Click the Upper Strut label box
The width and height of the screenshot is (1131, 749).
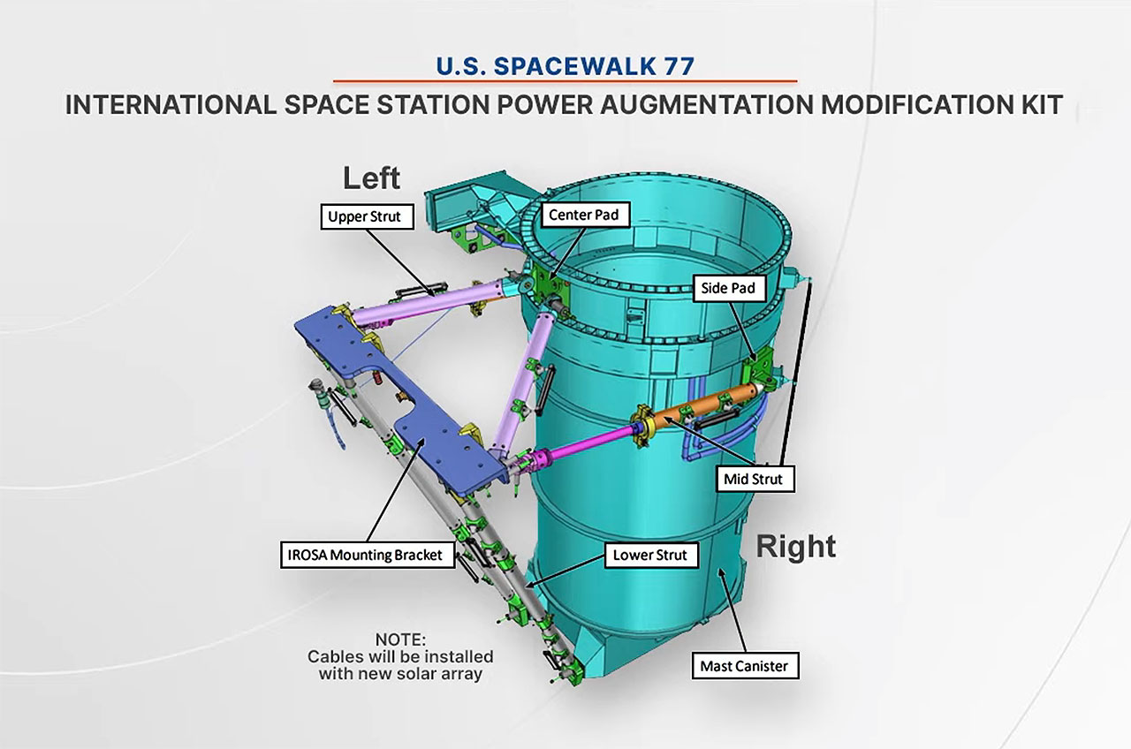[x=367, y=216]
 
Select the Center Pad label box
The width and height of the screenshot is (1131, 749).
[x=583, y=215]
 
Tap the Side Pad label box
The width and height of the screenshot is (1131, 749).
[x=729, y=288]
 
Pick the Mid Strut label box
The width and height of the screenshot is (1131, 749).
[x=755, y=479]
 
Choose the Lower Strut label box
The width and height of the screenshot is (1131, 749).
[x=651, y=556]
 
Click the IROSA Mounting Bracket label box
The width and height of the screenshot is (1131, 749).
[x=367, y=556]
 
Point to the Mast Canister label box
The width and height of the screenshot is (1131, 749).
[x=745, y=666]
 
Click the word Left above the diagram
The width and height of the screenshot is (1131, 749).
[x=372, y=178]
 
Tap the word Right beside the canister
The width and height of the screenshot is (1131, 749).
[x=796, y=548]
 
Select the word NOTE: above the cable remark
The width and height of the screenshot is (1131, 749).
[x=400, y=639]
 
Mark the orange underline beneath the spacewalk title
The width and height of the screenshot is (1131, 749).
[x=565, y=80]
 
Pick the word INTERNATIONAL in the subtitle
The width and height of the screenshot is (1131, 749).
[x=171, y=104]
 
